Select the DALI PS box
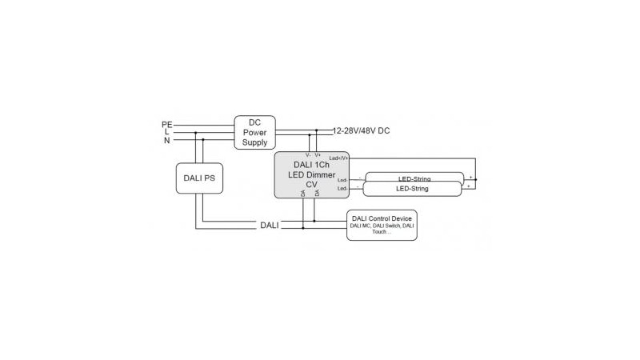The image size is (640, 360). [199, 178]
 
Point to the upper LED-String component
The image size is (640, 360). [414, 178]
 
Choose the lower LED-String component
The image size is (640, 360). [412, 189]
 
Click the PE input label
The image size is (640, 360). [166, 124]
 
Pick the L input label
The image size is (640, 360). [166, 132]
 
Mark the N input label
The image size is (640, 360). [166, 140]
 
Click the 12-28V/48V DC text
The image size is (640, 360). [361, 130]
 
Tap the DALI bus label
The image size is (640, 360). [270, 226]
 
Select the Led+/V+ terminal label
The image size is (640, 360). [338, 158]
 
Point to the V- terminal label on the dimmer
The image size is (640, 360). [308, 154]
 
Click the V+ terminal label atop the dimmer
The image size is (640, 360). [318, 154]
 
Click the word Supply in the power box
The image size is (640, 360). [255, 142]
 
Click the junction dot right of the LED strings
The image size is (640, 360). [475, 181]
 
